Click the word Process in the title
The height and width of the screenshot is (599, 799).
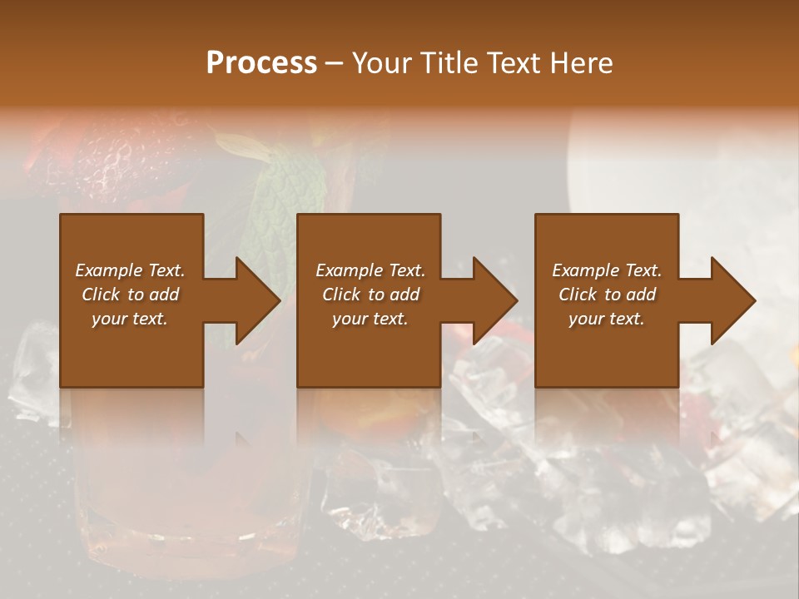(x=261, y=62)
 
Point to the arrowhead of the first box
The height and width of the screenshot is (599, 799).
(x=257, y=300)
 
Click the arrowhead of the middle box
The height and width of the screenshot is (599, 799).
(x=494, y=300)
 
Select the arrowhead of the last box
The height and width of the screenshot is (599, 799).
(x=732, y=300)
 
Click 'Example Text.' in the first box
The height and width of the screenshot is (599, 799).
(x=130, y=270)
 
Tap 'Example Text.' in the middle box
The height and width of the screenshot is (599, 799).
(x=370, y=270)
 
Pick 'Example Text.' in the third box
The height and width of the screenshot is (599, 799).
(x=607, y=270)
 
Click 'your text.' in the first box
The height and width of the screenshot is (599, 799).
(x=130, y=319)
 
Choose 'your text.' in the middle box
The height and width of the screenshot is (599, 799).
(x=370, y=319)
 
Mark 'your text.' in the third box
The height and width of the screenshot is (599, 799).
(x=607, y=319)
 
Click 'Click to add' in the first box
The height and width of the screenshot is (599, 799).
(x=130, y=295)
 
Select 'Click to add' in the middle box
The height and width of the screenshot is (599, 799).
(x=370, y=295)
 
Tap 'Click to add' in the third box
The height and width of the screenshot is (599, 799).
(x=607, y=295)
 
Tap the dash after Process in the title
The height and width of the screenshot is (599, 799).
(x=334, y=64)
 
